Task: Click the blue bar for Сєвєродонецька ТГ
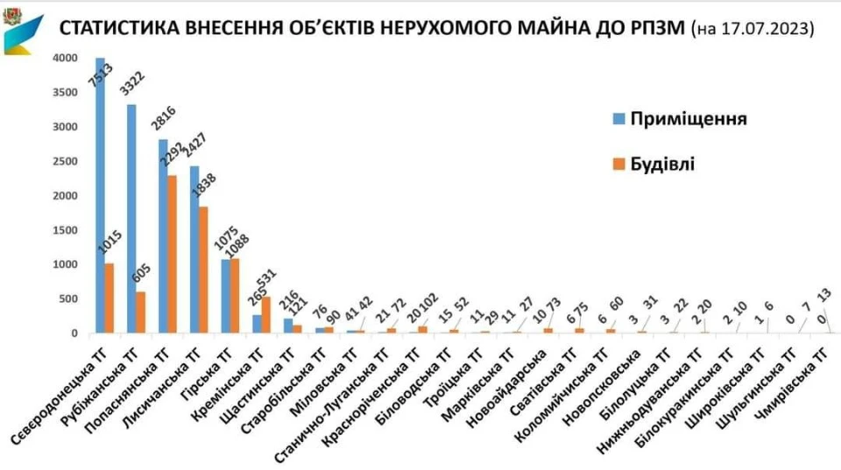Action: tap(101, 196)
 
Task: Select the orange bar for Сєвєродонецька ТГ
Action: tap(110, 298)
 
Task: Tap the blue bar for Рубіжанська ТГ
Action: tap(131, 219)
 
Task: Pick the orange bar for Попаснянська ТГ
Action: tap(173, 255)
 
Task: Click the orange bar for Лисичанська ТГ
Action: tap(203, 270)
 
